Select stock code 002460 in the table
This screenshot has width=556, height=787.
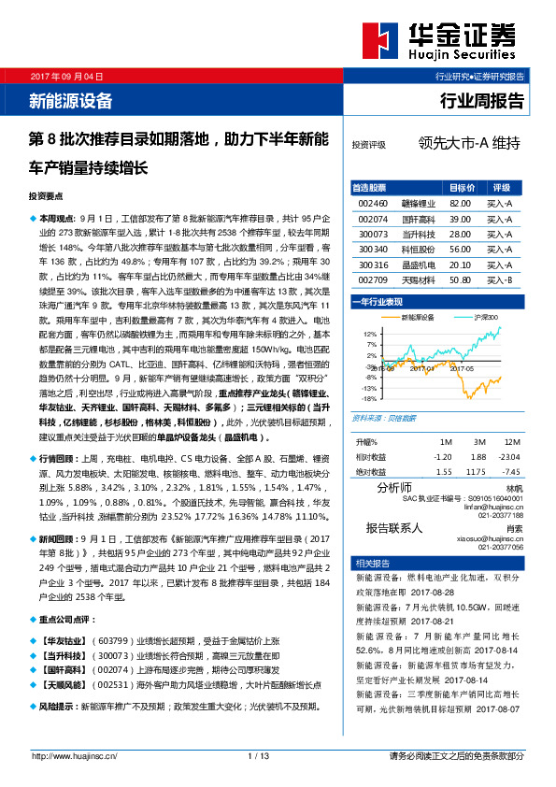click(373, 202)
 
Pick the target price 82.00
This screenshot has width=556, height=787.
click(460, 202)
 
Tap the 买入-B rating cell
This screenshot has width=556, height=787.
click(499, 279)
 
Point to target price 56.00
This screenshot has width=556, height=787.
click(460, 249)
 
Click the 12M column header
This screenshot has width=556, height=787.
click(511, 441)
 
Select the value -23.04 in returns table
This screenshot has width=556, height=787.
click(508, 456)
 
